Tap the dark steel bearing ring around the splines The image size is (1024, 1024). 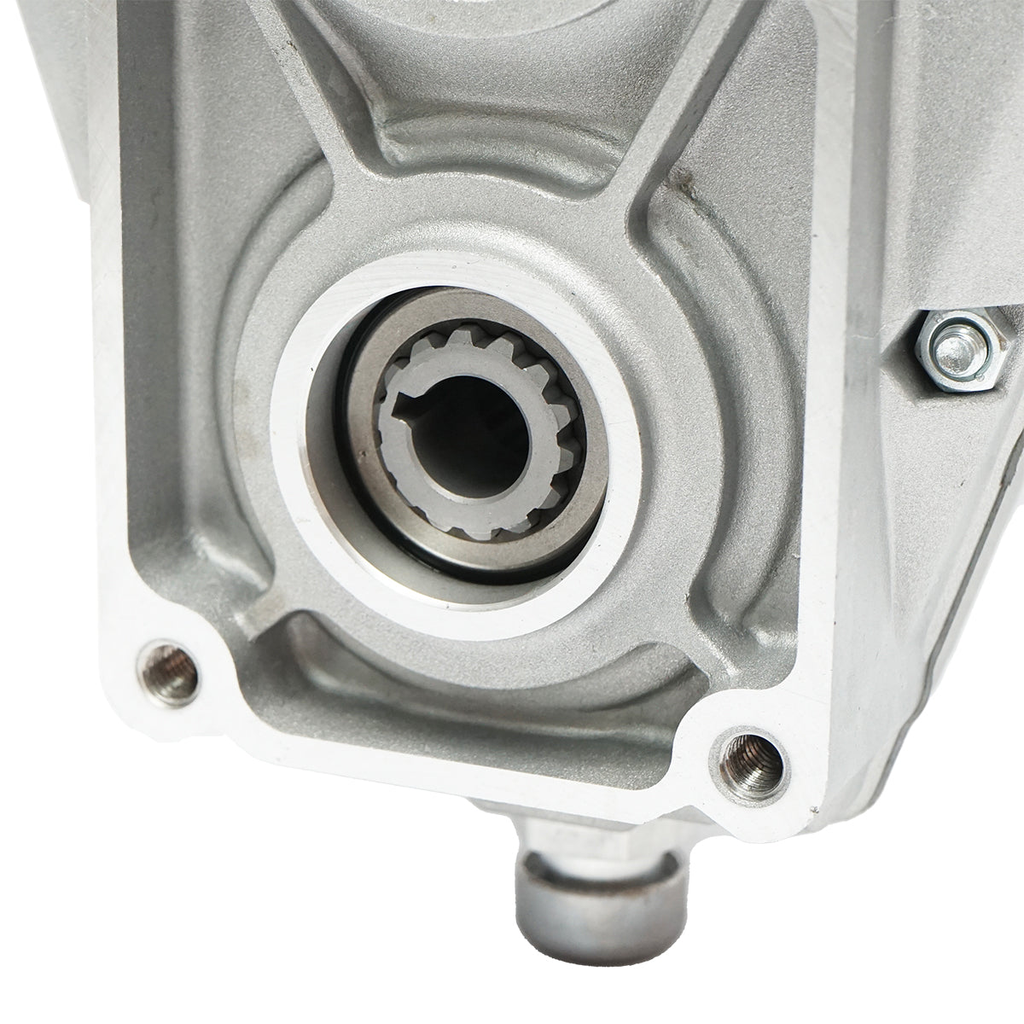click(x=341, y=478)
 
